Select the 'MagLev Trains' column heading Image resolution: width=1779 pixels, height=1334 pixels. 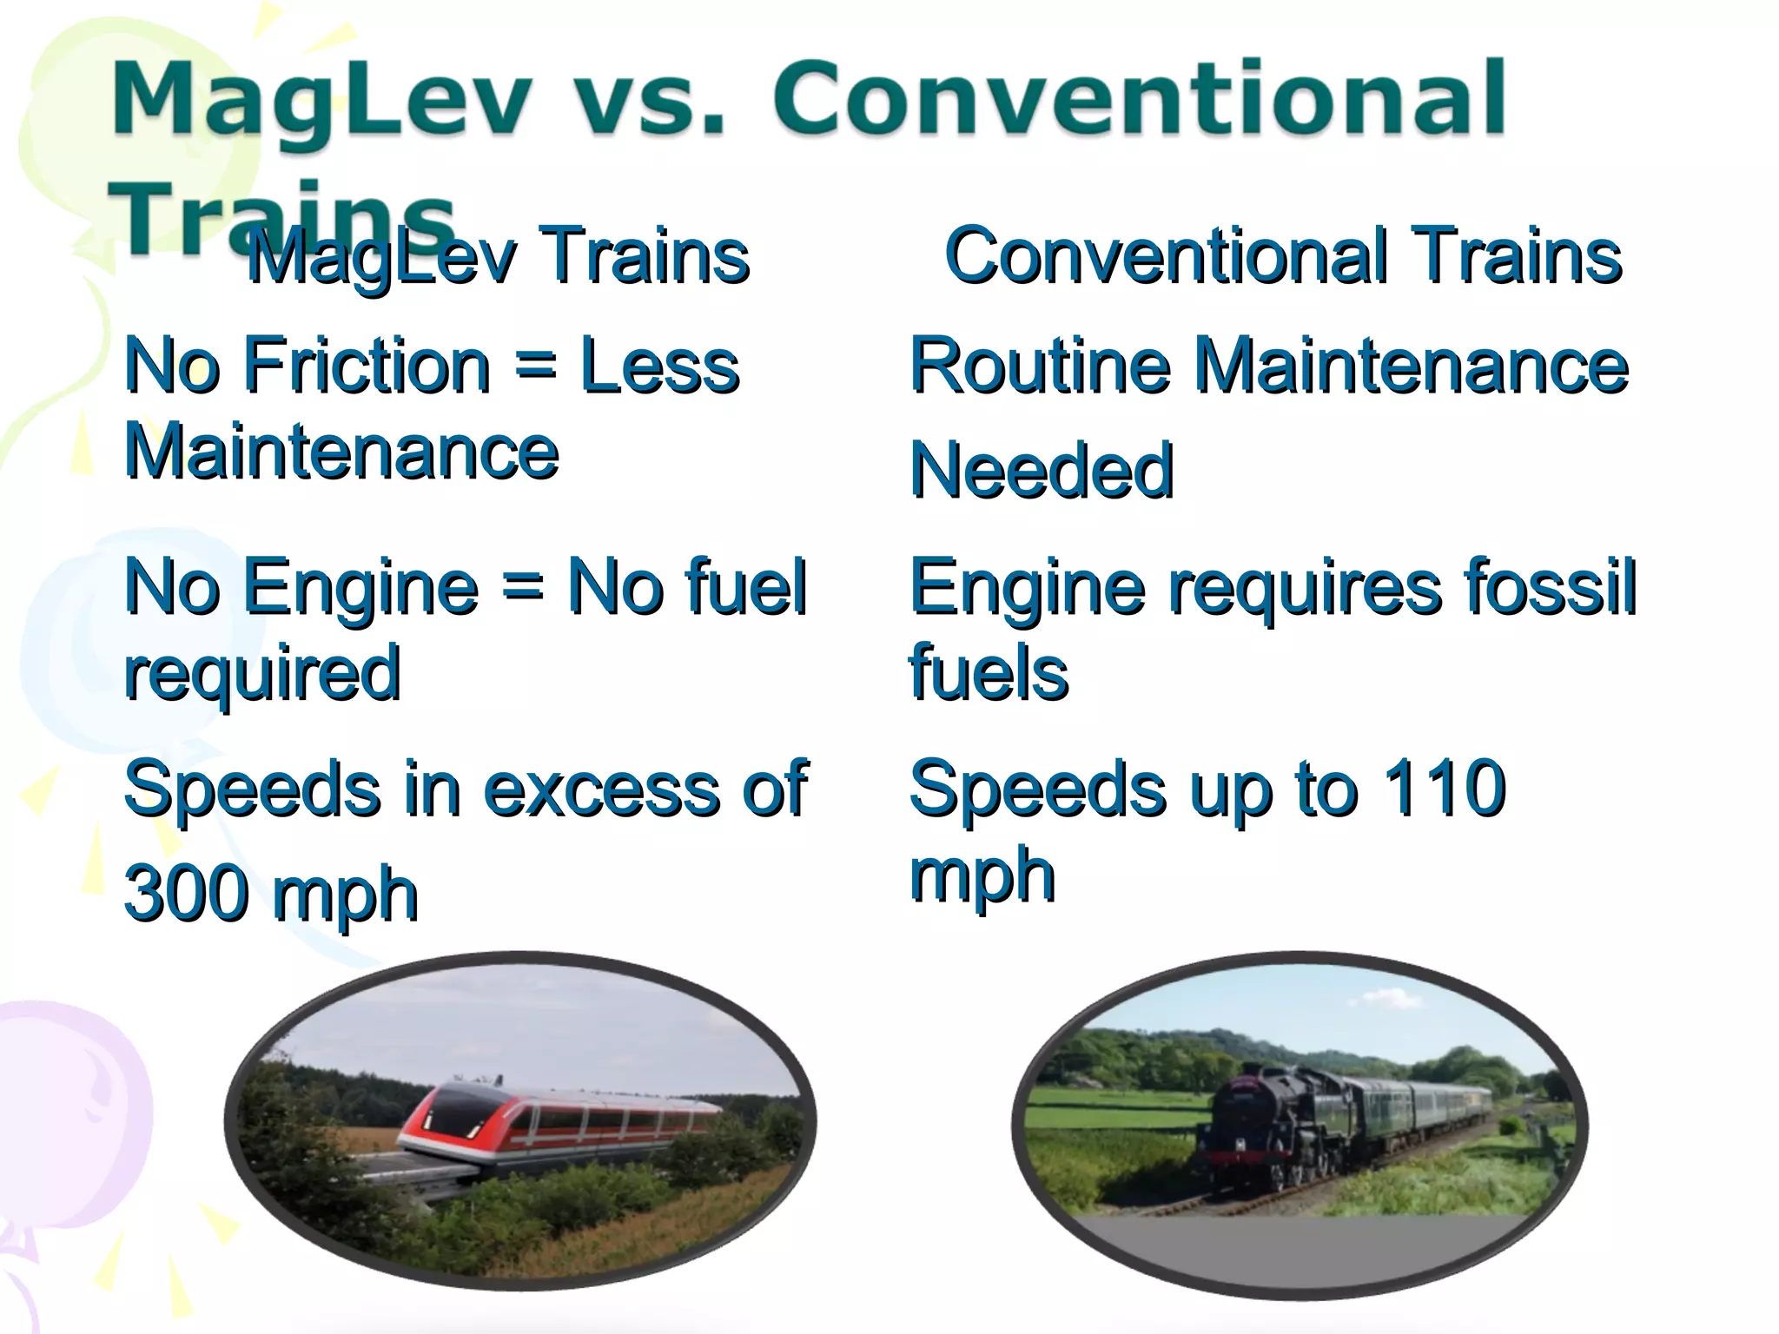497,255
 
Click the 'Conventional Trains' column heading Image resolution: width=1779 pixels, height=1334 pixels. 1282,255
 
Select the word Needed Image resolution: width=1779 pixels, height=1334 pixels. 1041,470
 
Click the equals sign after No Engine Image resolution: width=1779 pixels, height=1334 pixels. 522,587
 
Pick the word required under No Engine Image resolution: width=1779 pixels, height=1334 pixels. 262,674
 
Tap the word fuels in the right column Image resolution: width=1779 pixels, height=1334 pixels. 988,674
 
